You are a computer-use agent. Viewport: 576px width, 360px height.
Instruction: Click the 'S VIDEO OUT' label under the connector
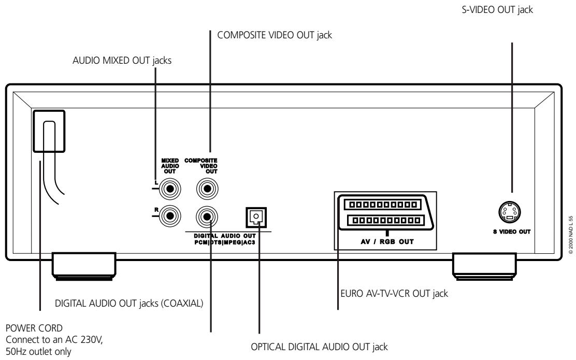[x=511, y=231]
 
